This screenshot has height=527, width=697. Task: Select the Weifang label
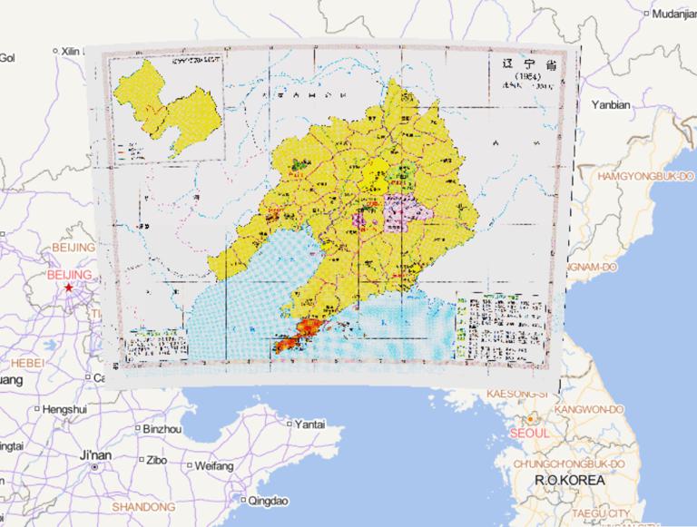pos(213,465)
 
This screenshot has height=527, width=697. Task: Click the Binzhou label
pos(162,428)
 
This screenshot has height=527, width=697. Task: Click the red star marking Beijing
pos(68,288)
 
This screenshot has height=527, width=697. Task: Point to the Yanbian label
pos(610,104)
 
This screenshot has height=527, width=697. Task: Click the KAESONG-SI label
pos(518,393)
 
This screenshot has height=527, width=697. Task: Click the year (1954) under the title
pos(527,77)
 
